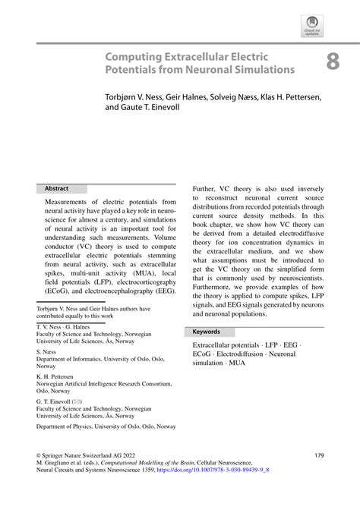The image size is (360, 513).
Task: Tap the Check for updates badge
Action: pyautogui.click(x=311, y=27)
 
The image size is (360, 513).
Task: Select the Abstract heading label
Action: pyautogui.click(x=58, y=187)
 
